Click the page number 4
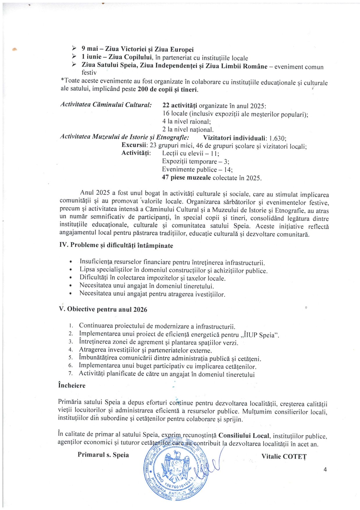pos(325,470)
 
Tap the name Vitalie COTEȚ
pos(284,457)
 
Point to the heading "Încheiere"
pos(72,386)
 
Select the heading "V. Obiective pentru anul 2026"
pos(103,309)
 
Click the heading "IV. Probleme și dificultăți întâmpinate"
pos(116,245)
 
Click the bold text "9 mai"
pos(90,49)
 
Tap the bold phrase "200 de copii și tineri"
pos(168,90)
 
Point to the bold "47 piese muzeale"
pos(186,178)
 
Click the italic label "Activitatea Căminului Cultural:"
pos(106,105)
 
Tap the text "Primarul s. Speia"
pos(103,455)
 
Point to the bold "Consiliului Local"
pos(244,436)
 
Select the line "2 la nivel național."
pos(188,130)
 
